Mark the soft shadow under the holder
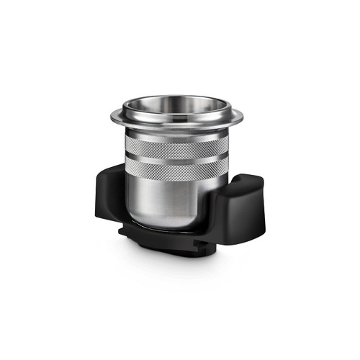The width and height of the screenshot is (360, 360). (x=180, y=263)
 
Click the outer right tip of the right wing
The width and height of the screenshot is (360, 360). (x=267, y=198)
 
